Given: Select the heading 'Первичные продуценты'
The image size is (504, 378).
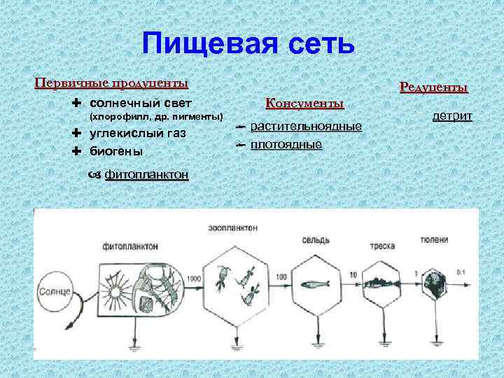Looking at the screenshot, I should (x=111, y=83).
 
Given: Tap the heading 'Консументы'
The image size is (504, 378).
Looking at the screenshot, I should (x=304, y=103).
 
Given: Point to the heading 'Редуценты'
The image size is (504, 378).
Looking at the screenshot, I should (x=433, y=87).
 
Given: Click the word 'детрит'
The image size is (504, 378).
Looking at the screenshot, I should (x=452, y=115).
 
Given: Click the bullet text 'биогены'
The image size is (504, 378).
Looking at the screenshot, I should (x=116, y=151).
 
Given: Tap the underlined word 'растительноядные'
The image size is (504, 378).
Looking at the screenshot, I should (x=306, y=127).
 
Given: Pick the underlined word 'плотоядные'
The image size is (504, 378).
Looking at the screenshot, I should (x=286, y=145).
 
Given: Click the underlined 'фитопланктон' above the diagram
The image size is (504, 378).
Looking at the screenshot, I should (x=146, y=175).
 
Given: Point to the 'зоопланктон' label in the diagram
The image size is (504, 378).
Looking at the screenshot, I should (x=232, y=228).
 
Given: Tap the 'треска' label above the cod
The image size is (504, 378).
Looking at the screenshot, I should (x=383, y=246).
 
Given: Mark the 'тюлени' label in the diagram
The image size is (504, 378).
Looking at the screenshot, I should (x=434, y=239).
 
